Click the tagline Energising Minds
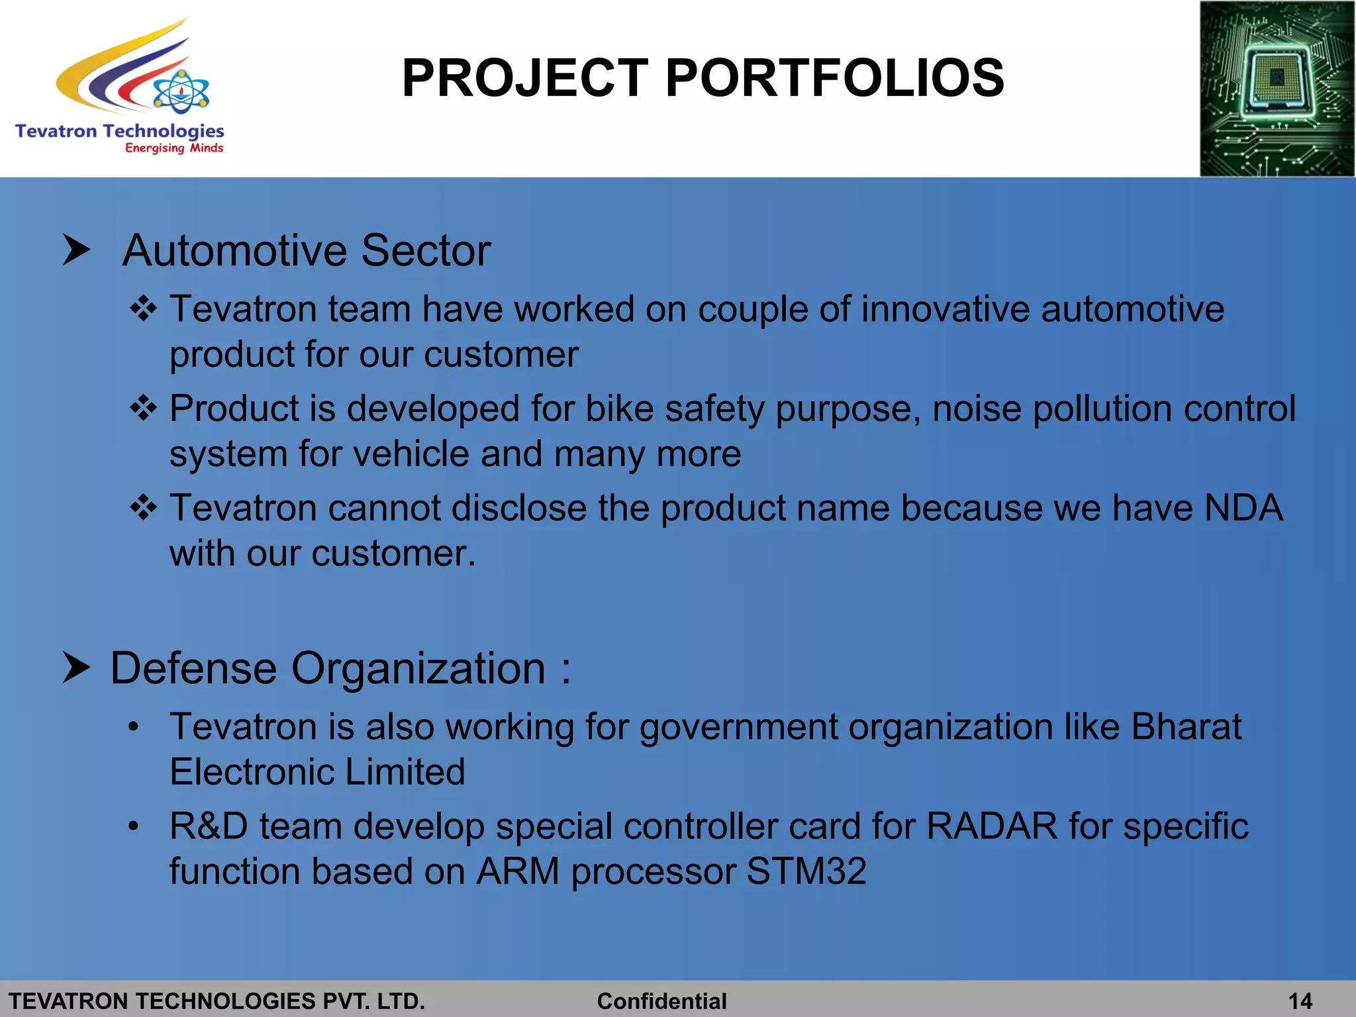(174, 148)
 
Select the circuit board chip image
(1277, 89)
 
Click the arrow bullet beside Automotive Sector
(76, 250)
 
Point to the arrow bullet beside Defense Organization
(76, 667)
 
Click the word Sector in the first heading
(425, 251)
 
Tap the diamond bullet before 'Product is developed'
(143, 408)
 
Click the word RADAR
(991, 826)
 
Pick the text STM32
(806, 871)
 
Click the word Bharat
(1186, 727)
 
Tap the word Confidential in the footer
(661, 1001)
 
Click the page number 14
(1300, 1001)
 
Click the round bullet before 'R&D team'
(134, 826)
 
